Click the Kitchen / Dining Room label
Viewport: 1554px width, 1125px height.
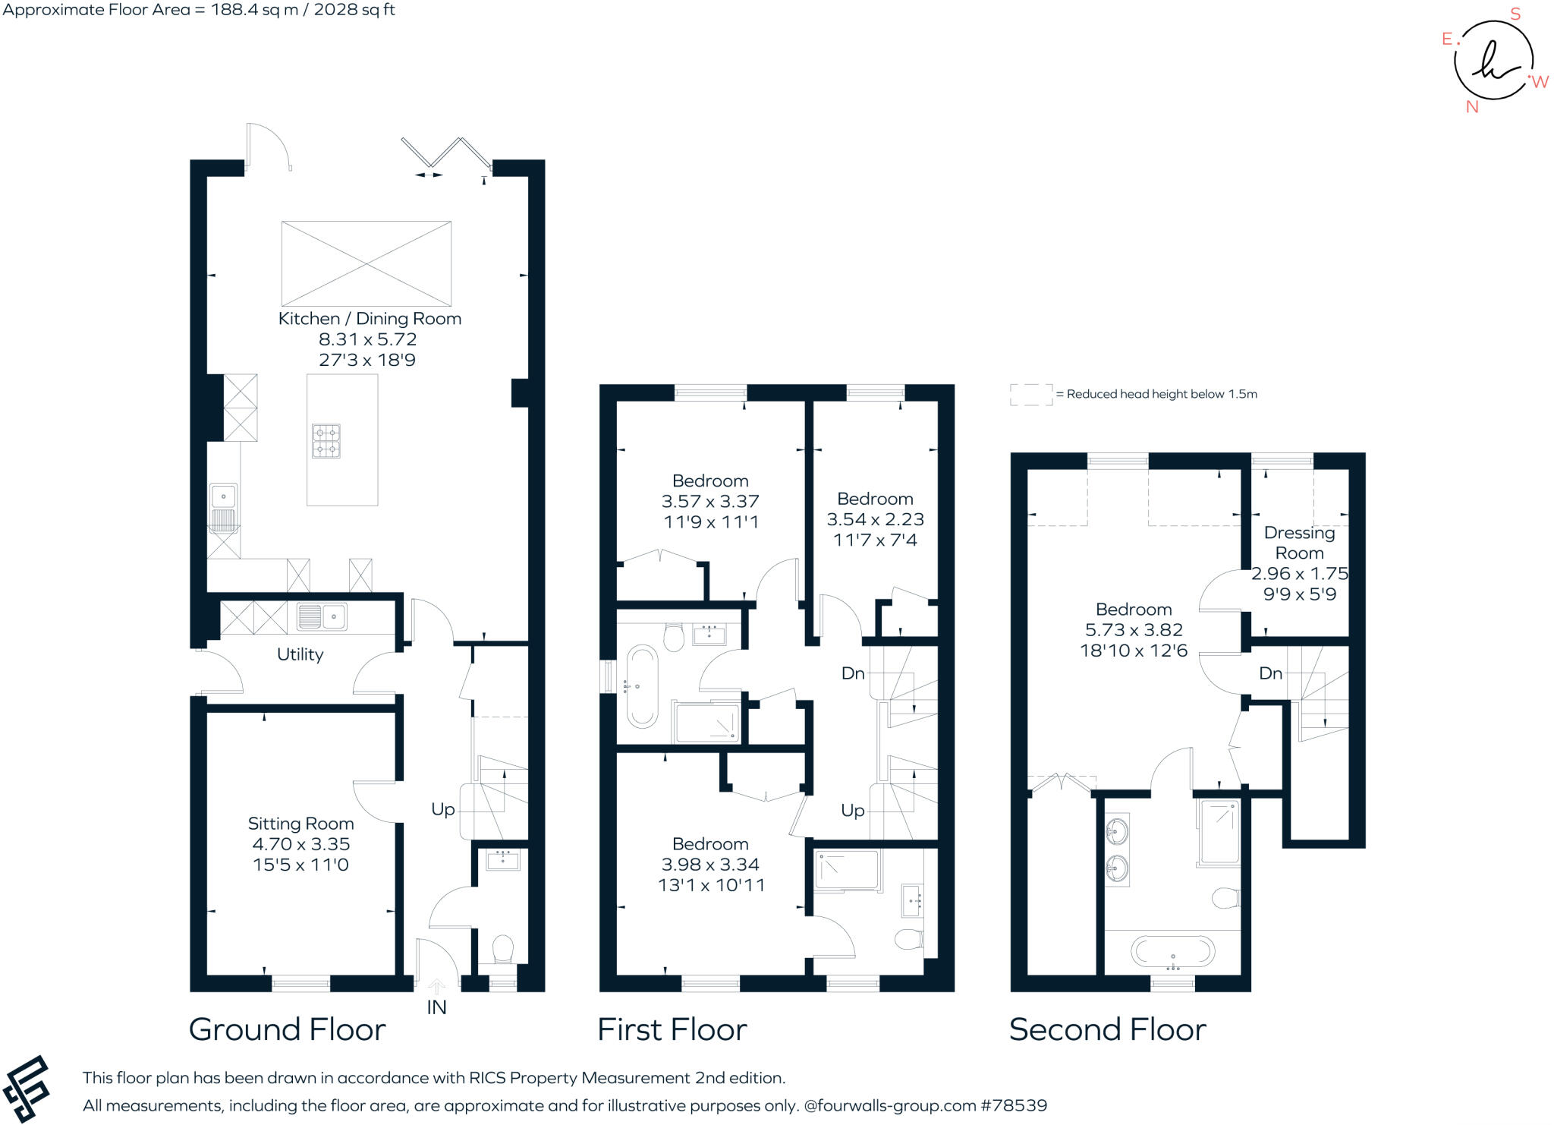(x=370, y=319)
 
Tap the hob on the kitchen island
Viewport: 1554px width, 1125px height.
(x=326, y=441)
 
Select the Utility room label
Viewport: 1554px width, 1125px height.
(x=300, y=654)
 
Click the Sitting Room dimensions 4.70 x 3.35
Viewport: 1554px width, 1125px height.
(x=301, y=844)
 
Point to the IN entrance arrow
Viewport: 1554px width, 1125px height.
(x=436, y=987)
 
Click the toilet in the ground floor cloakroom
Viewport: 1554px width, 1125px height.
(x=503, y=950)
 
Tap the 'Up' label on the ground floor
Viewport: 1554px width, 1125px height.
(x=443, y=810)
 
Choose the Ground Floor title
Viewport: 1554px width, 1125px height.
(x=288, y=1030)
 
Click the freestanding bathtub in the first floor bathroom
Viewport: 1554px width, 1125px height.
(x=642, y=687)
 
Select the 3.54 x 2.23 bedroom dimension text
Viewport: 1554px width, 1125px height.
(x=876, y=519)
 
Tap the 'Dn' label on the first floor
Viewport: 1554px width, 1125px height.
(x=853, y=673)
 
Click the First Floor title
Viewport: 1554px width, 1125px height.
(x=672, y=1030)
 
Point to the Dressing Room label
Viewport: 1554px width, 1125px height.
(x=1300, y=543)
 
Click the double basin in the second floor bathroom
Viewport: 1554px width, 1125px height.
(x=1117, y=850)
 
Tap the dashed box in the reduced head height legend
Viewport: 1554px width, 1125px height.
(x=1031, y=395)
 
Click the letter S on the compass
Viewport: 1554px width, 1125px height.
(x=1515, y=14)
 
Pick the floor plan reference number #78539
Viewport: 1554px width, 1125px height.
(x=1015, y=1105)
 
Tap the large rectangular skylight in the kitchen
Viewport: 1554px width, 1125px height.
(x=366, y=263)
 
